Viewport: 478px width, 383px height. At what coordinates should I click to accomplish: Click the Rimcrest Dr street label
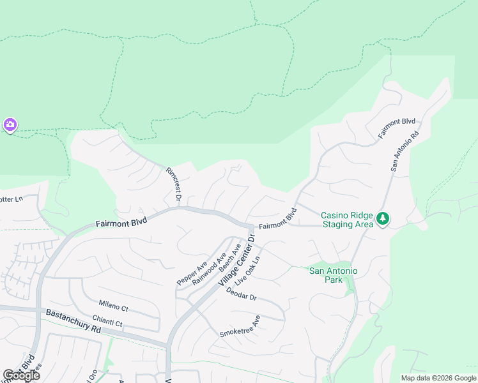174,185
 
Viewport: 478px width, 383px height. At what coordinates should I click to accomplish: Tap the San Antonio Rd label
405,151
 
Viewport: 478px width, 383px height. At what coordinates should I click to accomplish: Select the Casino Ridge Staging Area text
346,220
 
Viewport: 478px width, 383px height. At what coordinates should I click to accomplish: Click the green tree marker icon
383,219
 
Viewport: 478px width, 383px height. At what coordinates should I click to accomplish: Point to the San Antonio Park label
333,275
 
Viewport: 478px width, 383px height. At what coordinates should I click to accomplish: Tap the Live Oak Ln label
247,271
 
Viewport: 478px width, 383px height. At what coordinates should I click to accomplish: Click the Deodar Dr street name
241,297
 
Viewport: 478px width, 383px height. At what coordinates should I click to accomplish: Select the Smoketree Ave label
240,326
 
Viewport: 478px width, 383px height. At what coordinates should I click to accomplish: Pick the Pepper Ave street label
192,273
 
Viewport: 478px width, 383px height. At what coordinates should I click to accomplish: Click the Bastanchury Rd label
73,321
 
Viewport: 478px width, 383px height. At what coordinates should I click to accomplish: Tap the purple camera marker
10,125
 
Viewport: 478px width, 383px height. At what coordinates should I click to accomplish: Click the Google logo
21,375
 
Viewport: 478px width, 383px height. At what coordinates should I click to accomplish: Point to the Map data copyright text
438,378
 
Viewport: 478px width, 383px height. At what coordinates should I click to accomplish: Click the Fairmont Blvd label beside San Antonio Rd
397,129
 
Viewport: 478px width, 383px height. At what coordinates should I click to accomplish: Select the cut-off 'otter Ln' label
11,199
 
